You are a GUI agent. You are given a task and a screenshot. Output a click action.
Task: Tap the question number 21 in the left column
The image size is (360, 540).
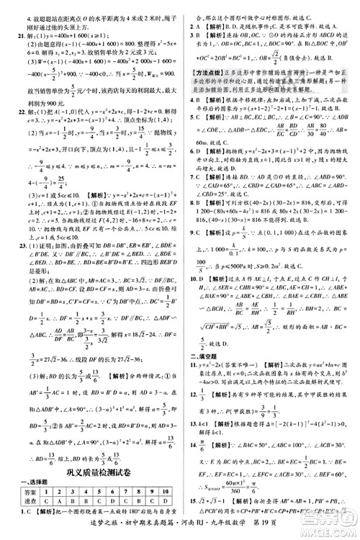(12, 36)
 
